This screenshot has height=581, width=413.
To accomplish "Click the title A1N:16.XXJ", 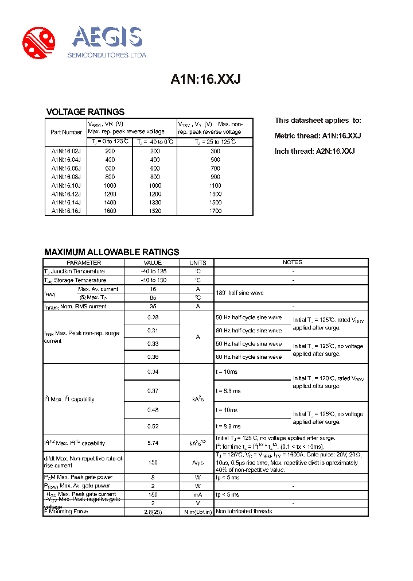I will point(205,80).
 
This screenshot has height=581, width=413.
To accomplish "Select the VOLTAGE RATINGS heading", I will point(85,112).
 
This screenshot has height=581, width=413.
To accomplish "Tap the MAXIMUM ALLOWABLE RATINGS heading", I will point(112,252).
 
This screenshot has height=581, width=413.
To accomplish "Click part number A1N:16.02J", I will point(66,151).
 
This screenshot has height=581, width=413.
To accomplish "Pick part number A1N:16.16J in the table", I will point(66,211).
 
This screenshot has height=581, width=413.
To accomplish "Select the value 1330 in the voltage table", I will point(155,202).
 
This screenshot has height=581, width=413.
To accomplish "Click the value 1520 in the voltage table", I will point(155,211).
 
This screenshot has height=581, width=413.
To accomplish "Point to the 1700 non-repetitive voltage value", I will point(215,211).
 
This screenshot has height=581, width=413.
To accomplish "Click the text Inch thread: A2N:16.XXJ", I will point(314,151).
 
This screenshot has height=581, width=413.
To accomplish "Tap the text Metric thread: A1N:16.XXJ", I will point(318,136).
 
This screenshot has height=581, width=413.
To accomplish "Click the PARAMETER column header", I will point(84,262).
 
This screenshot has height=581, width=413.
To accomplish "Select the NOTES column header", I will point(292,262).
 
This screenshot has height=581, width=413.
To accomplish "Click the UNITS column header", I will point(198,262).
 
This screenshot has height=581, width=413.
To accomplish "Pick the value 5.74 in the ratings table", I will point(153,443).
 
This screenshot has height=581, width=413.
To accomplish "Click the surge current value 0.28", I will point(153,317).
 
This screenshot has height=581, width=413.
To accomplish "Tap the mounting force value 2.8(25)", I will point(153,511).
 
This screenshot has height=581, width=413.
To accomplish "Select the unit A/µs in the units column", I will point(198,463).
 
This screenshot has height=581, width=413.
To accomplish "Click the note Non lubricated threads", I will point(244,511).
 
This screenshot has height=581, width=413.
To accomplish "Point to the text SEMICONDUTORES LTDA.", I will point(108,55).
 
